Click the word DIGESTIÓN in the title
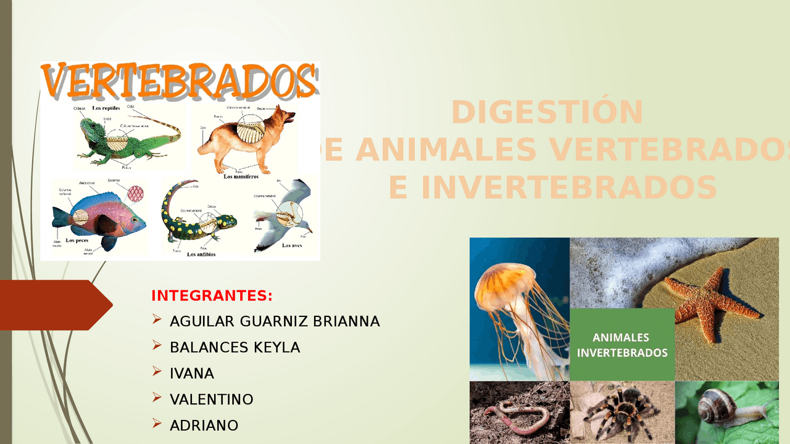pos(547,112)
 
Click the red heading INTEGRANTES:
pos(212,295)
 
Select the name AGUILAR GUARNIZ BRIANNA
pos(275,321)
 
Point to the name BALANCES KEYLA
pos(235,347)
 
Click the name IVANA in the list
pos(192,373)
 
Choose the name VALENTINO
pos(212,399)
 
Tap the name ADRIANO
pos(204,425)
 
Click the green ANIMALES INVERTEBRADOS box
pos(622,345)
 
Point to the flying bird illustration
pos(284,216)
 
